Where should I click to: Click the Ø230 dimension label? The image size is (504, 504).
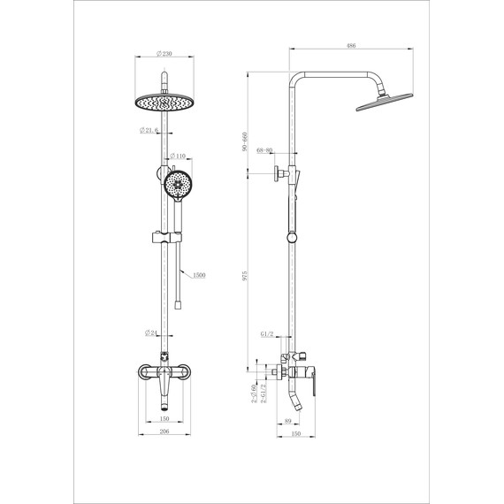click(x=164, y=52)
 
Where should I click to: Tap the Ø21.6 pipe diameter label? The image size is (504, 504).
click(x=149, y=132)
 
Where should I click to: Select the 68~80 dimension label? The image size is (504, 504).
click(x=263, y=151)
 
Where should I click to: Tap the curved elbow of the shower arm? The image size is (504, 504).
click(x=300, y=76)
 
